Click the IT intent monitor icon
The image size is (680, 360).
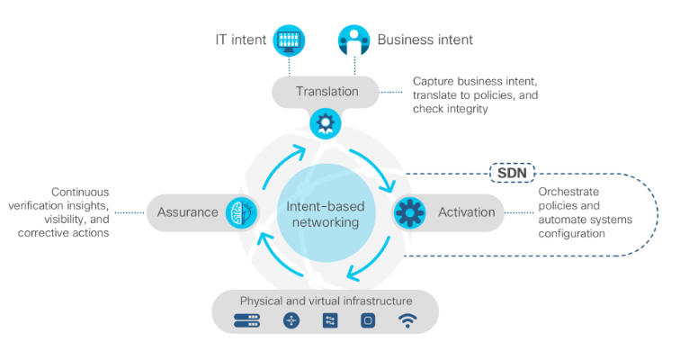291,40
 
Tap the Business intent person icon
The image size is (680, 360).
354,40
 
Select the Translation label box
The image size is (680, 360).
327,91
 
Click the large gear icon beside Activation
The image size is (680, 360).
410,212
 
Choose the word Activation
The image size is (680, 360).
467,212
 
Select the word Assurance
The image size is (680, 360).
187,212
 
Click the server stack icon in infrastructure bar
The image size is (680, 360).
246,320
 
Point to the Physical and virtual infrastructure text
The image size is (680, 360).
326,300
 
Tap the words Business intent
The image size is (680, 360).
425,40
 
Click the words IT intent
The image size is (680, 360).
238,40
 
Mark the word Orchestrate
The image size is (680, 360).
568,192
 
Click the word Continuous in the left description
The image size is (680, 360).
80,192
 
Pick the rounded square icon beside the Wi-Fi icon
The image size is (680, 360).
367,320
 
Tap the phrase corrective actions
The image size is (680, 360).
66,233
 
